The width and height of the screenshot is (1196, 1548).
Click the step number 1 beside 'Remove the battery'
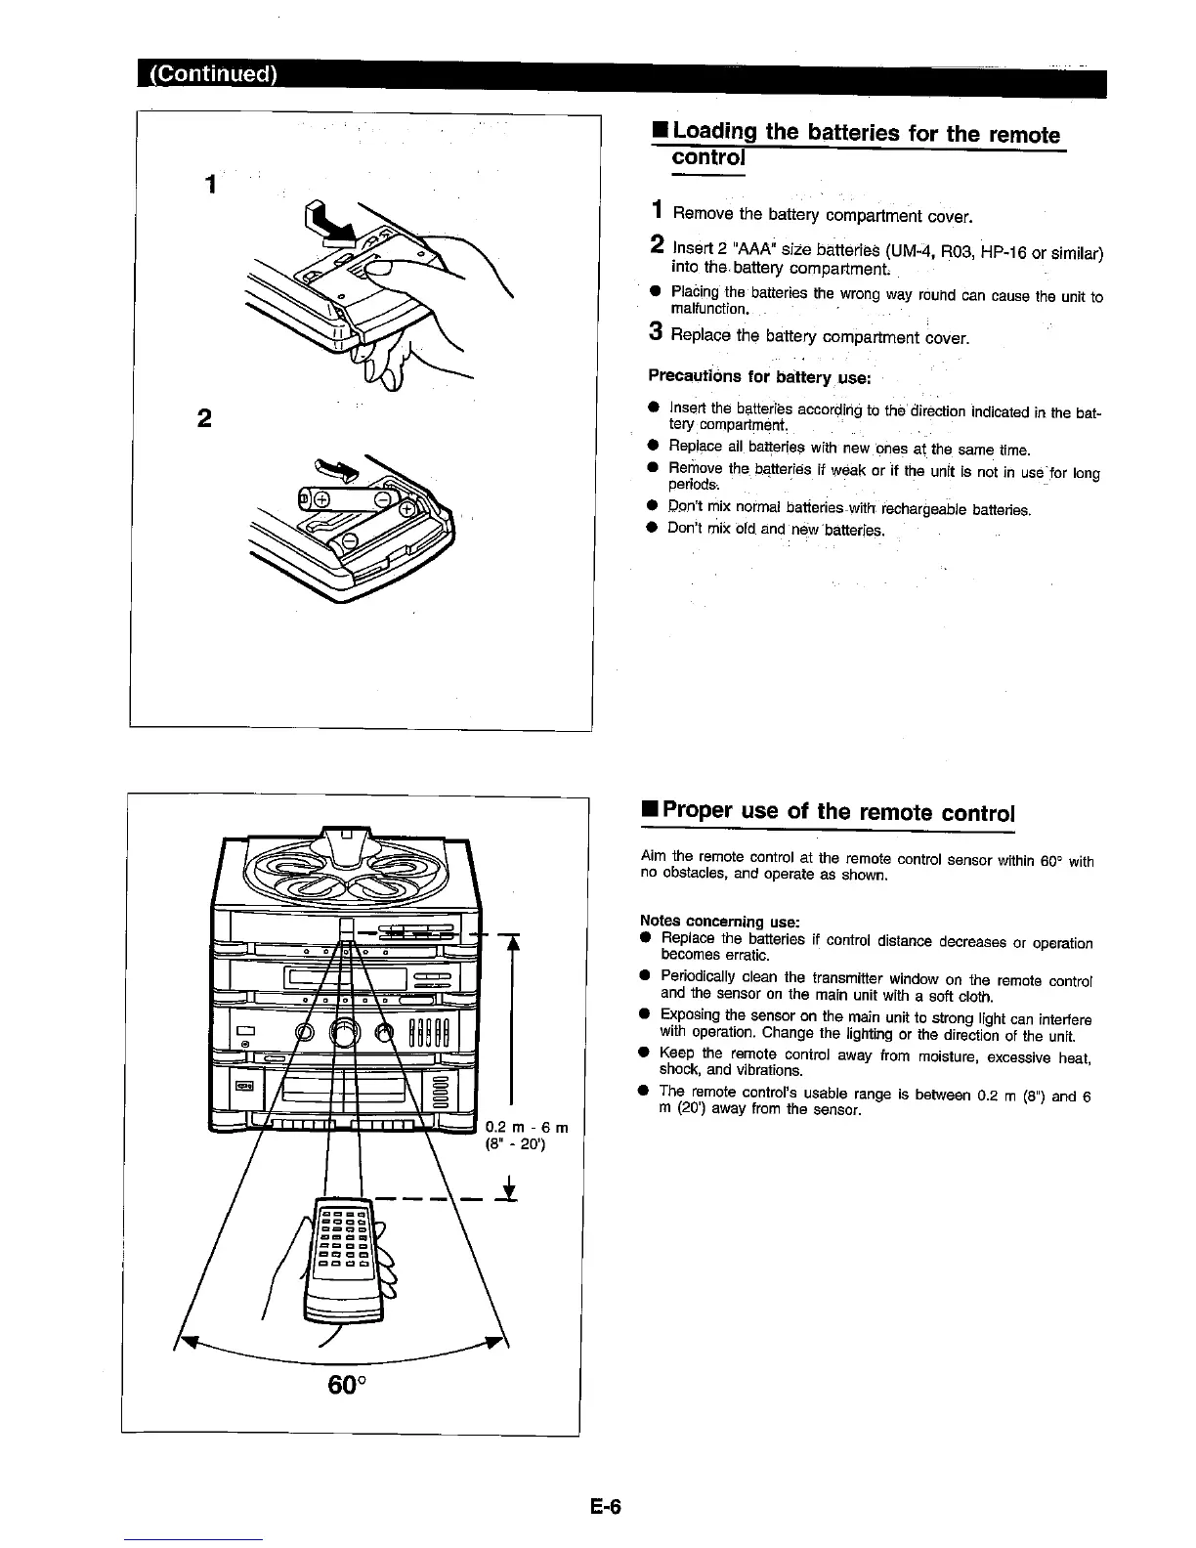coord(660,210)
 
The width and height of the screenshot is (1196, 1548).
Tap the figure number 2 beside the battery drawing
coord(204,418)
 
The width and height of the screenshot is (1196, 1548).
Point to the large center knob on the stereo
coord(344,1032)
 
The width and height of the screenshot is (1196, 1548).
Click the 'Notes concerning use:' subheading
coord(719,921)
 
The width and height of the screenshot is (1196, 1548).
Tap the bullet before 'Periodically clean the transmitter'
coord(645,976)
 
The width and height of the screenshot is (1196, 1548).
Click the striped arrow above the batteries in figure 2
coord(335,469)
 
